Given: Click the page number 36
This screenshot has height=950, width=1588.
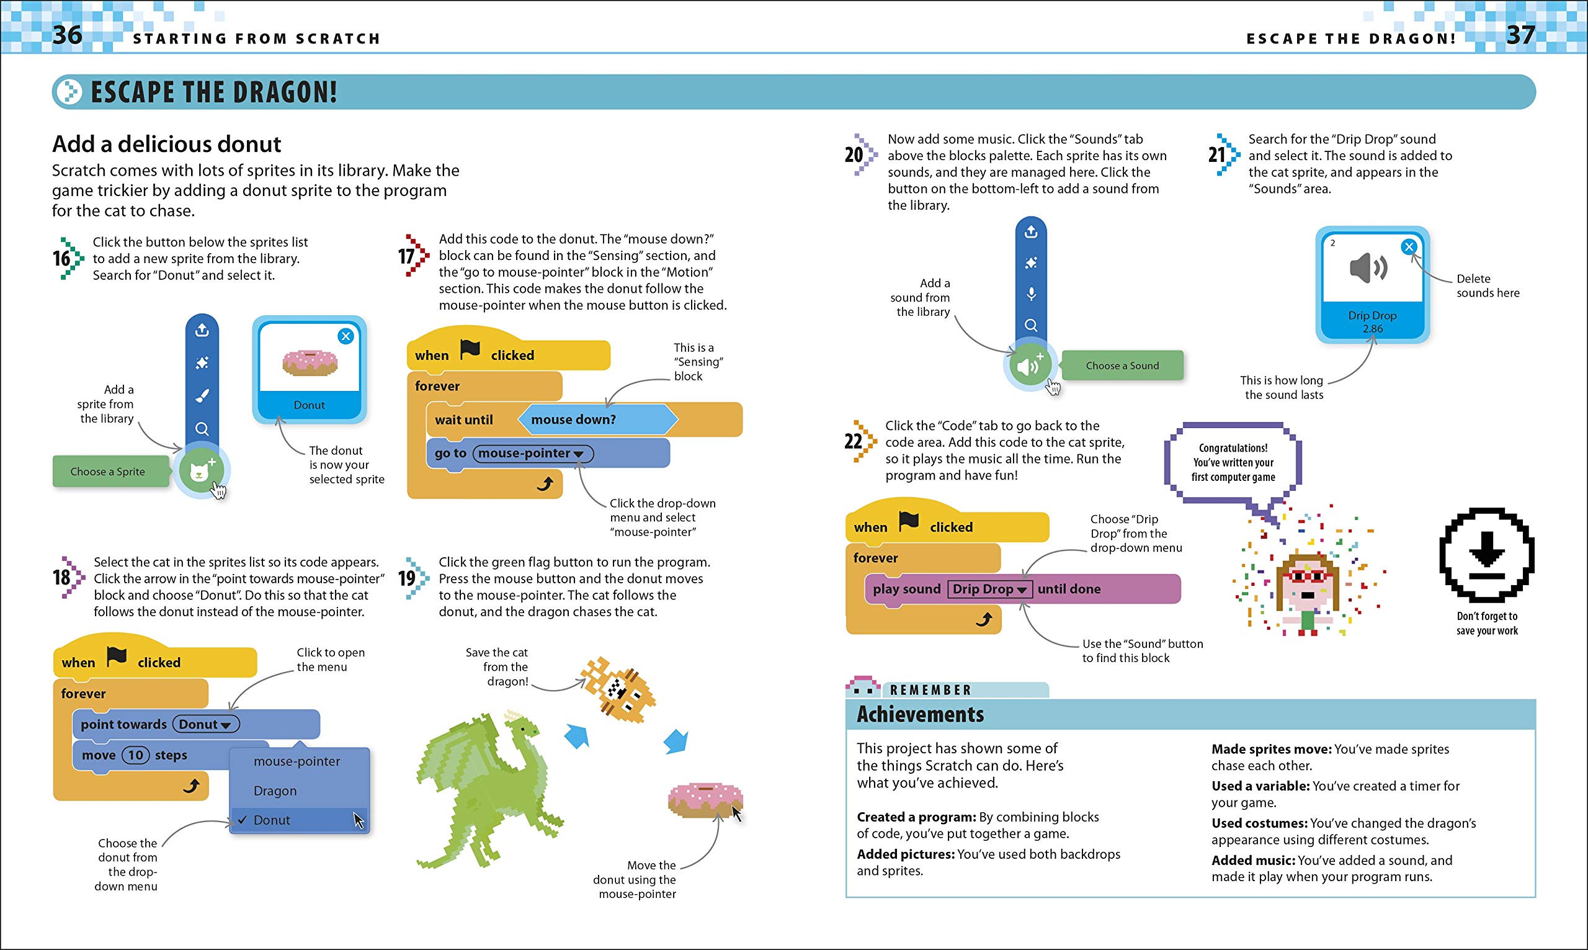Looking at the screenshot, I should tap(67, 35).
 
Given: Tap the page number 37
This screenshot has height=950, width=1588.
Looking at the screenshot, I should tap(1520, 35).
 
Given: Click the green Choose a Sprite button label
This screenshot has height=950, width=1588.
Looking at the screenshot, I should tap(107, 472).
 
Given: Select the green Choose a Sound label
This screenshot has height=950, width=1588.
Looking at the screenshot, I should tap(1122, 365).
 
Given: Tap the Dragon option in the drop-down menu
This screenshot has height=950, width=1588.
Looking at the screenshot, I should tap(275, 791).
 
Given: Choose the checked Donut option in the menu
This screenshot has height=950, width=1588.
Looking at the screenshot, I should tap(272, 820).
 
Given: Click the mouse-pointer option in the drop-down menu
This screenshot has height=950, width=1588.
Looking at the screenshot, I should tap(297, 761).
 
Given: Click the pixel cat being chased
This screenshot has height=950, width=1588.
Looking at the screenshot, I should tap(618, 691).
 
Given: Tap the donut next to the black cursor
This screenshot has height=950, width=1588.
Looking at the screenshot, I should tap(704, 801).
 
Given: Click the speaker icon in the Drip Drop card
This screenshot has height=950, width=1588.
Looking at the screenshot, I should tap(1368, 267).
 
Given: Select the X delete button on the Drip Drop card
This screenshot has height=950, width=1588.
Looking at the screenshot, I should tap(1408, 247).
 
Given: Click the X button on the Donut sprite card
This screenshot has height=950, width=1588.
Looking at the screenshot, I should tap(346, 336).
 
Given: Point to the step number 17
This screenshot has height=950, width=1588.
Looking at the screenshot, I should tap(407, 257).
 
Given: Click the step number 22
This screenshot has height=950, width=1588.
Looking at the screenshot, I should tap(854, 441).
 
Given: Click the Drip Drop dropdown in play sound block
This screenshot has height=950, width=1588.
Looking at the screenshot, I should tap(989, 589).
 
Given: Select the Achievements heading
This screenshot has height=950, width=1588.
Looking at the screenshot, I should tap(920, 714).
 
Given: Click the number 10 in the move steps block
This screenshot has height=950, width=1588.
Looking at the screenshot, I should tap(136, 755).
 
